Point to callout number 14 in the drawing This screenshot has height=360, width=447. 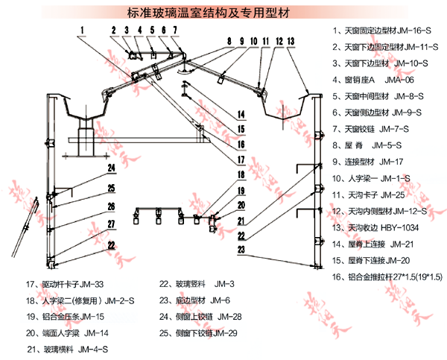coord(241,114)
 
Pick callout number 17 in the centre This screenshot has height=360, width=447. coord(241,159)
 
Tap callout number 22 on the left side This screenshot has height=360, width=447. coord(110,244)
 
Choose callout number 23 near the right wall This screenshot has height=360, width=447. coord(241,250)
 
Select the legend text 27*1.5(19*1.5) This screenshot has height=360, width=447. coord(410,277)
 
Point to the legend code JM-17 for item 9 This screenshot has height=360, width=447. coord(395,162)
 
